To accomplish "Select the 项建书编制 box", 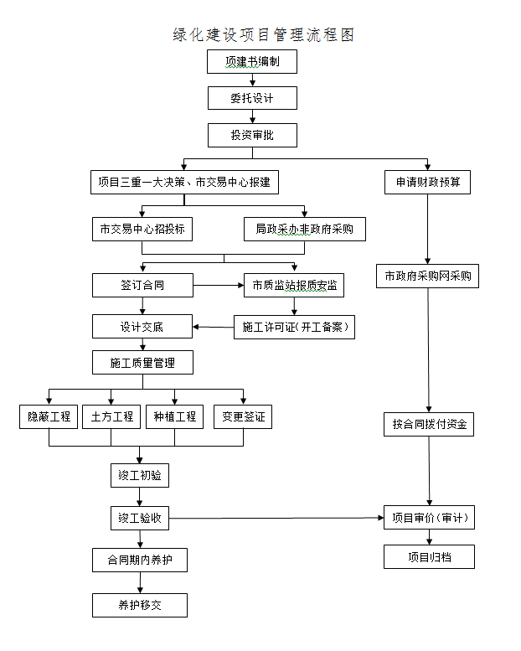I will tap(252, 62).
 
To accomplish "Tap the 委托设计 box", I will tap(252, 98).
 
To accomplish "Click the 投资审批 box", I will tap(252, 134).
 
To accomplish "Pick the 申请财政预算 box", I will tap(427, 182).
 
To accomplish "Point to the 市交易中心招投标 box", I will tap(142, 229).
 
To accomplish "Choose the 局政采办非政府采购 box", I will tap(305, 229).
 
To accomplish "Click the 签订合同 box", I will tap(142, 285).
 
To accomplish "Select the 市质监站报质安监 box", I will tap(294, 285).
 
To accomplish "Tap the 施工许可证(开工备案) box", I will tap(294, 327).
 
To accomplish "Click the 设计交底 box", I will tap(142, 327).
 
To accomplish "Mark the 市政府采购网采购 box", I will tap(427, 276).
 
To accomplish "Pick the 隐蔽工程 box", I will tap(49, 416).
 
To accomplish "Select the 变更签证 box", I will tap(243, 416).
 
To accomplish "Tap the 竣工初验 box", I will tap(140, 476).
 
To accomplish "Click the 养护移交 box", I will tap(140, 605).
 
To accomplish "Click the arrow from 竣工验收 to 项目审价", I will tap(276, 519).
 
